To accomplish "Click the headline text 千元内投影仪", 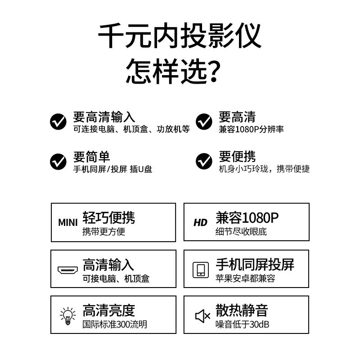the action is point(180,36).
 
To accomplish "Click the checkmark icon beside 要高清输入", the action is point(58,121).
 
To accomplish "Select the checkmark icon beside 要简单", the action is point(58,161).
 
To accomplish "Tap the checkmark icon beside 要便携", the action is point(204,161).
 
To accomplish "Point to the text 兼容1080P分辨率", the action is point(251,130).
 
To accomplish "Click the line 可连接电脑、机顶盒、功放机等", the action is point(131,130).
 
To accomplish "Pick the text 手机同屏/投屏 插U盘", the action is point(113,169).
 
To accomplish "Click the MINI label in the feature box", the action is point(68,222).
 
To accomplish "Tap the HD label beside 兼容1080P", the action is point(200,223).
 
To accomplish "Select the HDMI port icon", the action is point(68,270).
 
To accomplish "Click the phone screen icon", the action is point(200,270).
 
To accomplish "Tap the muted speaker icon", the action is point(202,316).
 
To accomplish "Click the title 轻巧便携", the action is point(108,218).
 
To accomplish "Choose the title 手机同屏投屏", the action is point(255,265).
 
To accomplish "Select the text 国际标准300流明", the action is point(115,324).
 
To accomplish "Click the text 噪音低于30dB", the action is point(242,324).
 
